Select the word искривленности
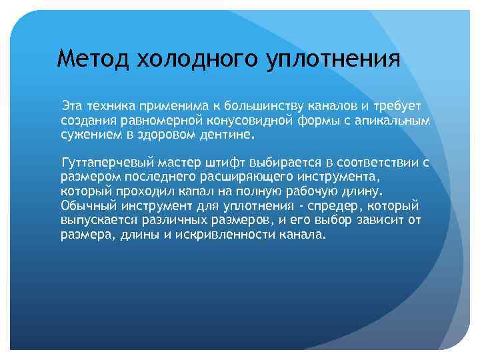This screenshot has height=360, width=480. (x=220, y=235)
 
